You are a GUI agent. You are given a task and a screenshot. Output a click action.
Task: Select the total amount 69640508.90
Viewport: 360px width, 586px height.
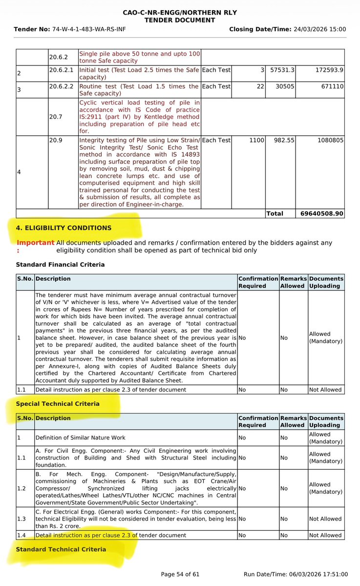(x=320, y=213)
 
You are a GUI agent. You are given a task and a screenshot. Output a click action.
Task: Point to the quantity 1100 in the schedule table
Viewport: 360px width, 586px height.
(x=256, y=140)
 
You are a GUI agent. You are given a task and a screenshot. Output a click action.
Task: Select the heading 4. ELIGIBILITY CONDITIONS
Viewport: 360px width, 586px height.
(x=64, y=228)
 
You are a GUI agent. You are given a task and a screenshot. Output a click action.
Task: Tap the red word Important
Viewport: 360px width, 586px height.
(x=35, y=243)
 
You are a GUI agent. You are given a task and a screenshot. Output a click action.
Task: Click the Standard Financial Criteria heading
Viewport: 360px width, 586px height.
(x=60, y=265)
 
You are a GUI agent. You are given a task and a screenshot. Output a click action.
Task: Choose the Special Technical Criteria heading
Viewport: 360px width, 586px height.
(x=58, y=404)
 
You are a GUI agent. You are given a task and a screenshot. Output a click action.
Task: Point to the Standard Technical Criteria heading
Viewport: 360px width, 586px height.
(x=61, y=549)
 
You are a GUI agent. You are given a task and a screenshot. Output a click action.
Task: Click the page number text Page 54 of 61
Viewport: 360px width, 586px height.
(x=180, y=574)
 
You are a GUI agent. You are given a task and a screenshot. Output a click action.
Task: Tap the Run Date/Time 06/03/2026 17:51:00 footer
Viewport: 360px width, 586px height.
(x=296, y=574)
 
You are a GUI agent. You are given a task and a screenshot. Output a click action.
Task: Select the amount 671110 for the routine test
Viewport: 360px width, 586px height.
(x=330, y=86)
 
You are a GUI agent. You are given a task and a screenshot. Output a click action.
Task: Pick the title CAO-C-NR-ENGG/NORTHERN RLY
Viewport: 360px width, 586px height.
(x=180, y=12)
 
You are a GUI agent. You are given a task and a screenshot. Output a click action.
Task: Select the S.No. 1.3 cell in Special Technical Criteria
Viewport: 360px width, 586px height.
(x=22, y=519)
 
